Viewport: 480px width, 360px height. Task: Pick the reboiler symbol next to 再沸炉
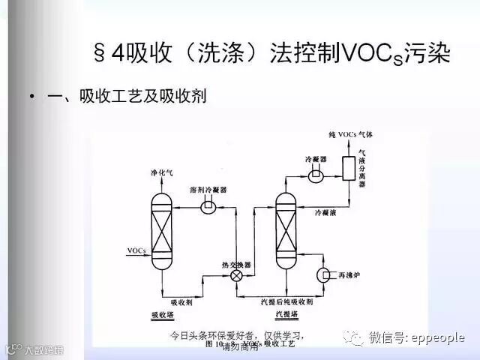click(x=328, y=274)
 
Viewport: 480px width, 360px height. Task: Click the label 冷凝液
click(x=331, y=212)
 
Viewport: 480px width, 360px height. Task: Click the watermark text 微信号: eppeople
click(x=416, y=338)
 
